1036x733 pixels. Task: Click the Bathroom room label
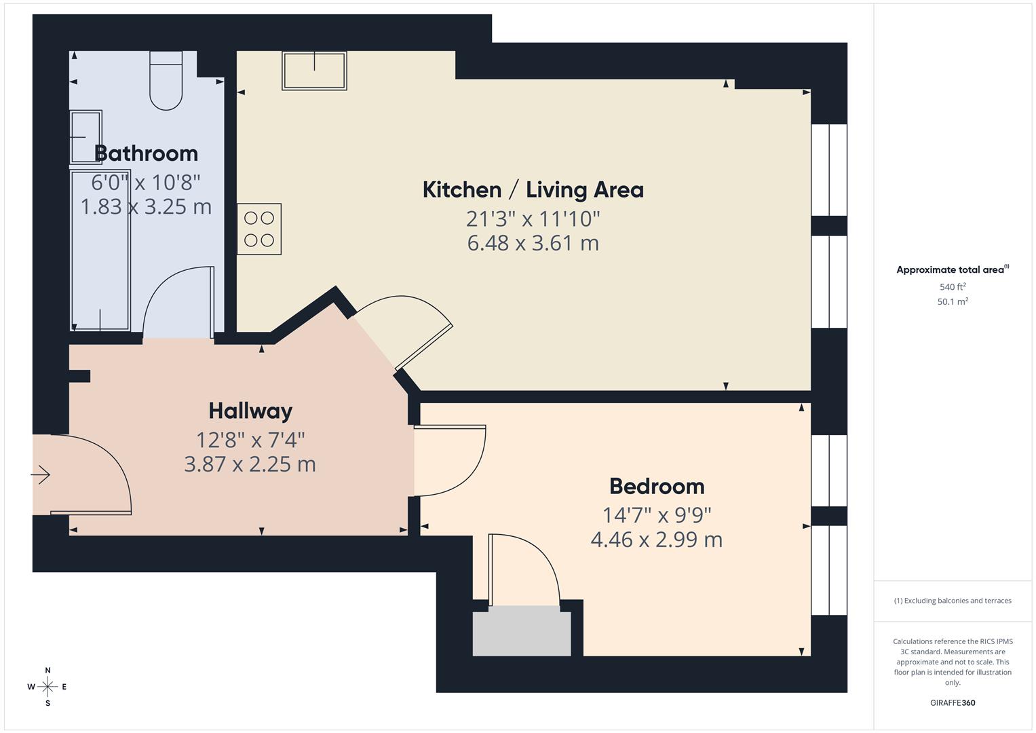click(147, 153)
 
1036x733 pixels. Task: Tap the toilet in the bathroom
click(166, 80)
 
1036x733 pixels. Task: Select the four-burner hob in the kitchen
click(259, 229)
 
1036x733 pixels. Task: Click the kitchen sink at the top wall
click(315, 71)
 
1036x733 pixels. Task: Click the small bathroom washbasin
click(86, 137)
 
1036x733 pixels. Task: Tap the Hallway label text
click(250, 411)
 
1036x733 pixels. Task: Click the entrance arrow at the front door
click(41, 474)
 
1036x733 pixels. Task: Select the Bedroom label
click(657, 486)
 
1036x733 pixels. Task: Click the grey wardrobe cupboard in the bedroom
click(522, 632)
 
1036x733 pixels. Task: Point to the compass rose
click(47, 687)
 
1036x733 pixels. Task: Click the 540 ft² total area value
click(953, 287)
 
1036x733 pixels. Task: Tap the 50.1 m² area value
click(953, 302)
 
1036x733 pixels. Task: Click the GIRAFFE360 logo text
click(953, 702)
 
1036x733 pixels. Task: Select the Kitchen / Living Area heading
click(533, 189)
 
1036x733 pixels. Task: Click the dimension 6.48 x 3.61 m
click(533, 243)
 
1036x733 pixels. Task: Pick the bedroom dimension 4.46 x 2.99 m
click(656, 540)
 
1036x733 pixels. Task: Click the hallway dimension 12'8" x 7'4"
click(250, 440)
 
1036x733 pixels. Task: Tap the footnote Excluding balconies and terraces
click(953, 601)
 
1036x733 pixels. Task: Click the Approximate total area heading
click(952, 270)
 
